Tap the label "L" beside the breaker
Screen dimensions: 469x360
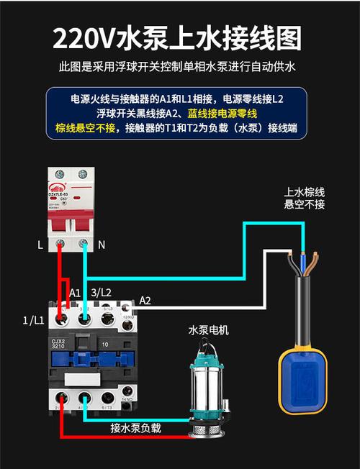[x=40, y=245]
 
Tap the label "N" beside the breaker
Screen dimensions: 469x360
[x=101, y=245]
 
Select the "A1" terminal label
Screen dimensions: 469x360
[x=75, y=293]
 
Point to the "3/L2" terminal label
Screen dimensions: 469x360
[x=102, y=293]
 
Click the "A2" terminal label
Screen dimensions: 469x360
[x=145, y=300]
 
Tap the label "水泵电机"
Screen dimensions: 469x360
[x=208, y=330]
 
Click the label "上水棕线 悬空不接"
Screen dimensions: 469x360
[x=305, y=199]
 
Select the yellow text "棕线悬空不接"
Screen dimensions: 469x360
[x=85, y=129]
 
